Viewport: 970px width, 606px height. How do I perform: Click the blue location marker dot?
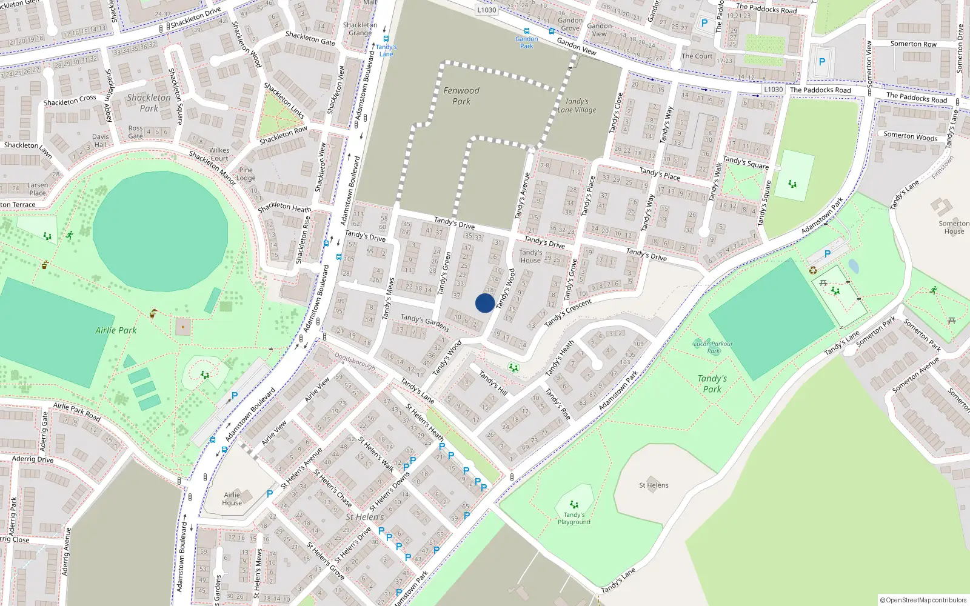484,303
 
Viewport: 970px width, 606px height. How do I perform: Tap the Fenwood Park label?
461,96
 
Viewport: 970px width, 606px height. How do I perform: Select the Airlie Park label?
116,330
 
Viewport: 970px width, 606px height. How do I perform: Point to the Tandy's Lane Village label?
577,106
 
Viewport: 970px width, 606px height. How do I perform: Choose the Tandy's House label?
530,256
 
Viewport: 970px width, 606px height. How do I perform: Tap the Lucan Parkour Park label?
713,347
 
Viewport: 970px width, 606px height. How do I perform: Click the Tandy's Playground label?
574,518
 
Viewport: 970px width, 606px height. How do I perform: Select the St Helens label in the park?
654,485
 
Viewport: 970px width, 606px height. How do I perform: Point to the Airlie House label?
232,499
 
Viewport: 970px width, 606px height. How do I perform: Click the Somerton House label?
954,227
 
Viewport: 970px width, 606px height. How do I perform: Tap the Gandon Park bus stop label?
526,42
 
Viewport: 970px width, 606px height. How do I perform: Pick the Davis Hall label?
101,141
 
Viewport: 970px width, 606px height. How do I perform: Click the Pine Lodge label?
246,174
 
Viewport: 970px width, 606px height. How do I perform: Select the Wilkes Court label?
219,154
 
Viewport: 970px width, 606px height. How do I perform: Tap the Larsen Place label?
37,189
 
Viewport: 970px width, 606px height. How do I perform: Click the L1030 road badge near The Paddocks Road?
773,89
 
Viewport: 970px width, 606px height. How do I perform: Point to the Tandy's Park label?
712,384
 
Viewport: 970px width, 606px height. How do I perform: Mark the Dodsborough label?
355,362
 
